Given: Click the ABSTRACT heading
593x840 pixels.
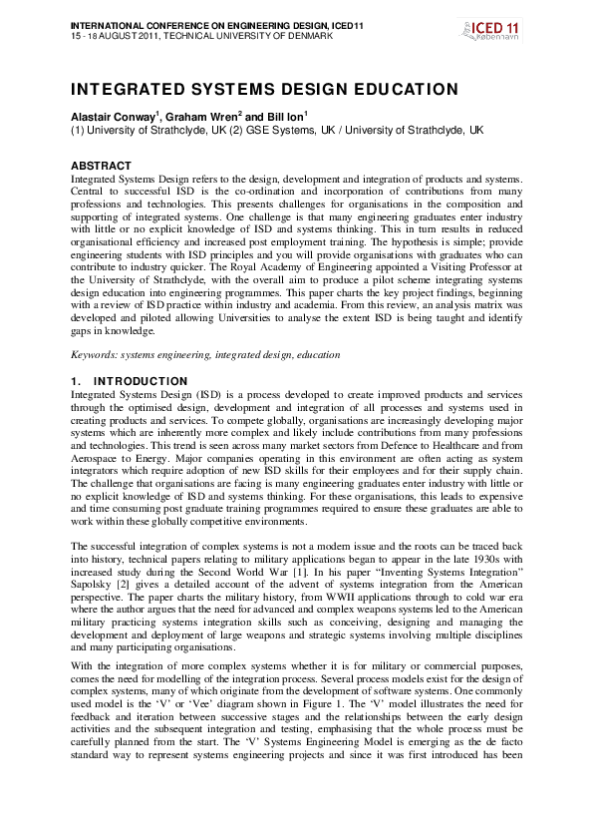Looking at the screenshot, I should click(x=101, y=165).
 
